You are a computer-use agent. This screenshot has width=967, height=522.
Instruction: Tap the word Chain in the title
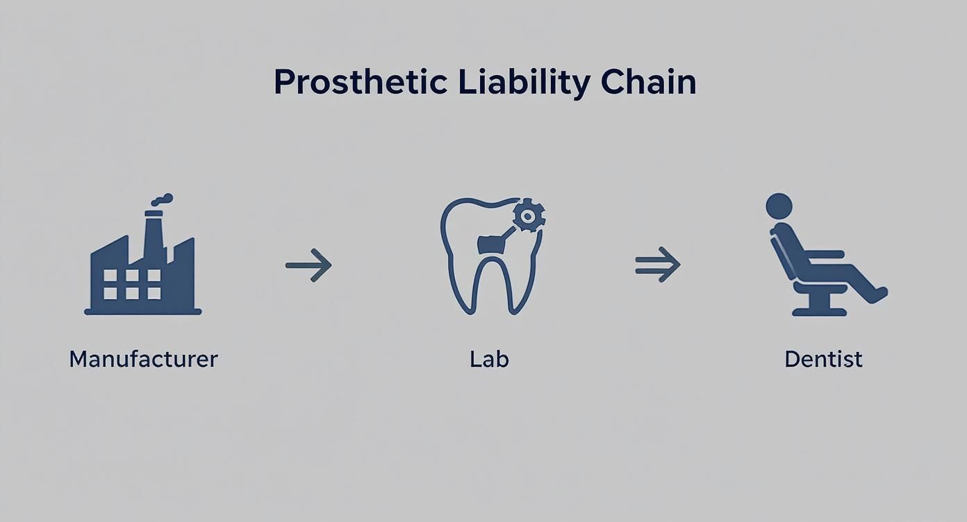[648, 83]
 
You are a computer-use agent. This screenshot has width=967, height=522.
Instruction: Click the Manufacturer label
[143, 359]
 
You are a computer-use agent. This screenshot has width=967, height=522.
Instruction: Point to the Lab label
[489, 359]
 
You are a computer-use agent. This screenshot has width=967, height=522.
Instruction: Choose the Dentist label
[823, 359]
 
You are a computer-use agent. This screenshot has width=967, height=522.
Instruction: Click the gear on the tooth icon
[529, 216]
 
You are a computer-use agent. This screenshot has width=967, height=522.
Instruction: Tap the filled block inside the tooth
[492, 243]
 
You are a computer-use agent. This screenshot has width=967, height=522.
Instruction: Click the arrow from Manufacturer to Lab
[308, 264]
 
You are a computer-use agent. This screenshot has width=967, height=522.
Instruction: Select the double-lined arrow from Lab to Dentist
[657, 264]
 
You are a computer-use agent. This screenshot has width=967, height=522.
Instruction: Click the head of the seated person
[779, 206]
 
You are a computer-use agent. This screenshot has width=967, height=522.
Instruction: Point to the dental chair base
[820, 306]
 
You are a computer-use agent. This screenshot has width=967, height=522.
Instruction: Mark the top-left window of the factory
[110, 276]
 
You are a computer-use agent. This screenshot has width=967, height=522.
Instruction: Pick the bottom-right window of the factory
[154, 293]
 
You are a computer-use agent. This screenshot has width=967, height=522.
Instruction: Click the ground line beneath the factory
[142, 312]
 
